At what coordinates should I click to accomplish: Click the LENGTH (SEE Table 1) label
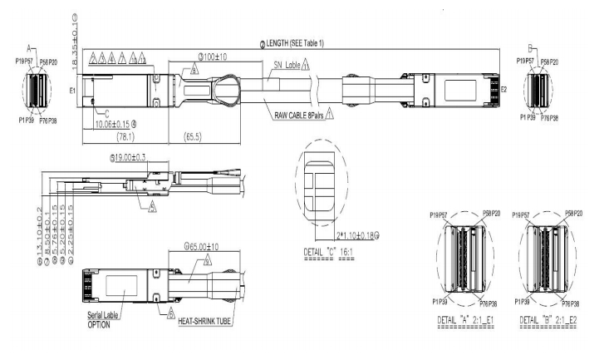pos(303,43)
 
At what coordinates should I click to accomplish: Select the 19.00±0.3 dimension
pos(135,157)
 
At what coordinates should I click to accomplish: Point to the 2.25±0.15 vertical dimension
pos(71,217)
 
